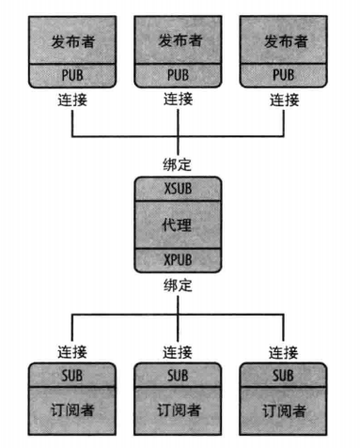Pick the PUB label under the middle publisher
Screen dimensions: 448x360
pos(178,74)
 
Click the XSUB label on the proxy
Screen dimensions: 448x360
pos(178,188)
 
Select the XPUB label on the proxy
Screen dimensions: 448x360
pos(178,258)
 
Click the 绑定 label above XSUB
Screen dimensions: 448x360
pos(178,167)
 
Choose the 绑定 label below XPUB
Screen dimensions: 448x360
pos(178,284)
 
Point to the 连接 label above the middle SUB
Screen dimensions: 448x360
pos(178,353)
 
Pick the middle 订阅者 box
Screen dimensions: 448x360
pos(178,409)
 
